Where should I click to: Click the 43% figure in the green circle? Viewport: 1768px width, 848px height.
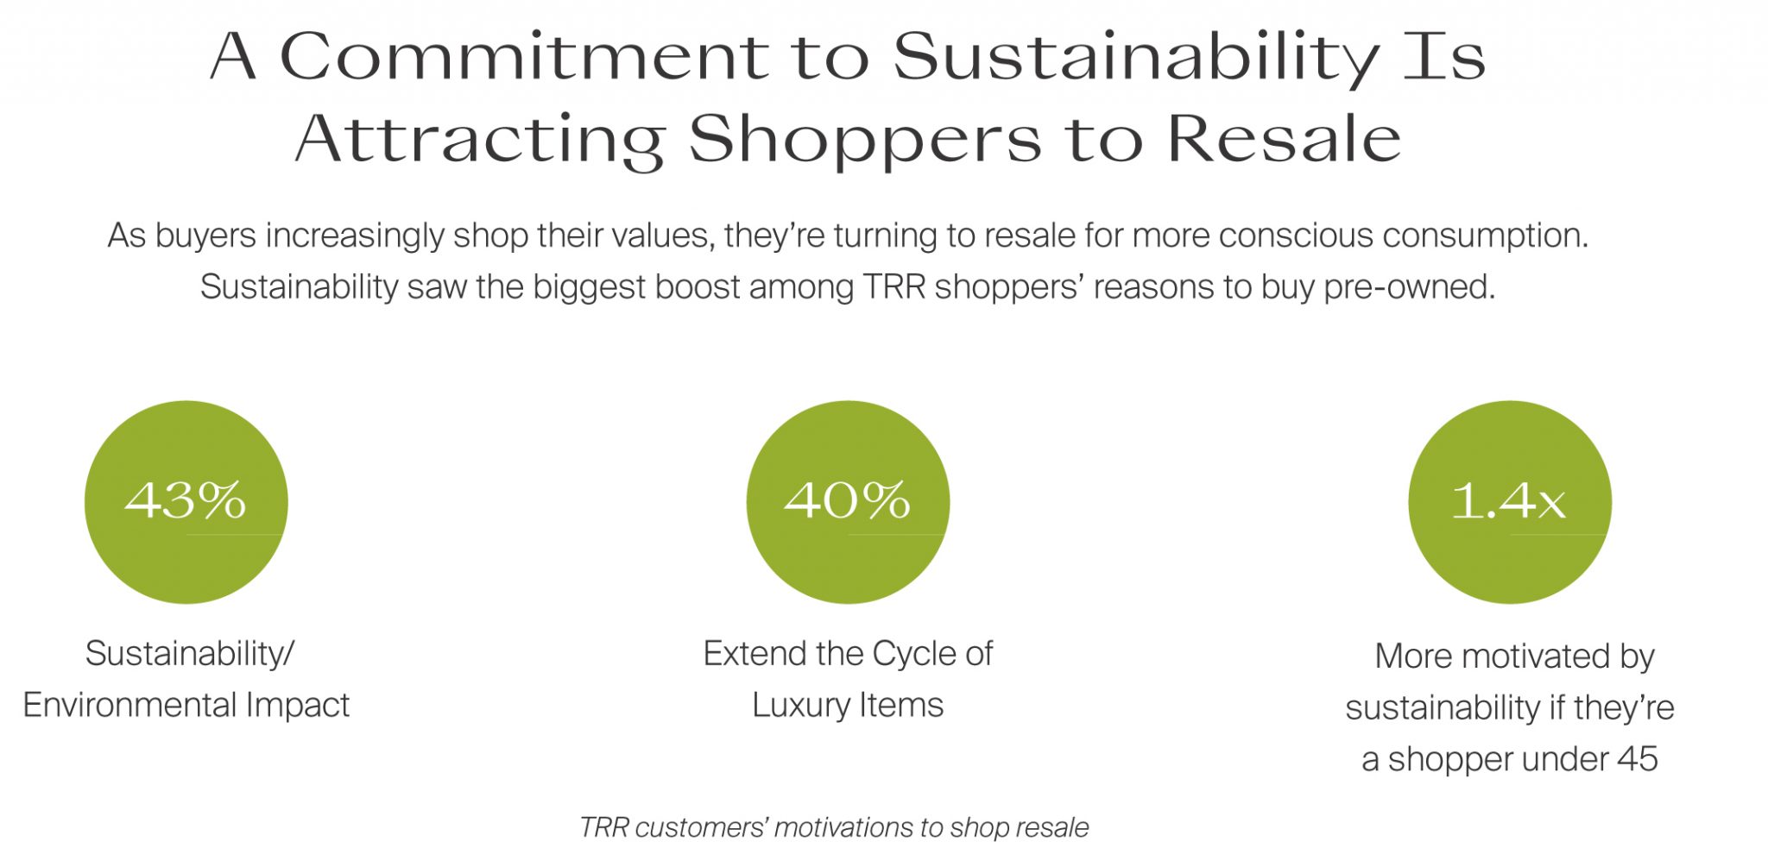186,499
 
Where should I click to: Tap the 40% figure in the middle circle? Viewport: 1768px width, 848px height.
847,499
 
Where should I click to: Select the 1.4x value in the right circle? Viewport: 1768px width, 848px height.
1508,500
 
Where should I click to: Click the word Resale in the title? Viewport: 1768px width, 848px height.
1285,138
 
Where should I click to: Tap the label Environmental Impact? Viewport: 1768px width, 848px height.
186,706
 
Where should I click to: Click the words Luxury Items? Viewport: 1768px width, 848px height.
848,706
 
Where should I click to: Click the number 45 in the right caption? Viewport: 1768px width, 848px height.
1638,759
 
